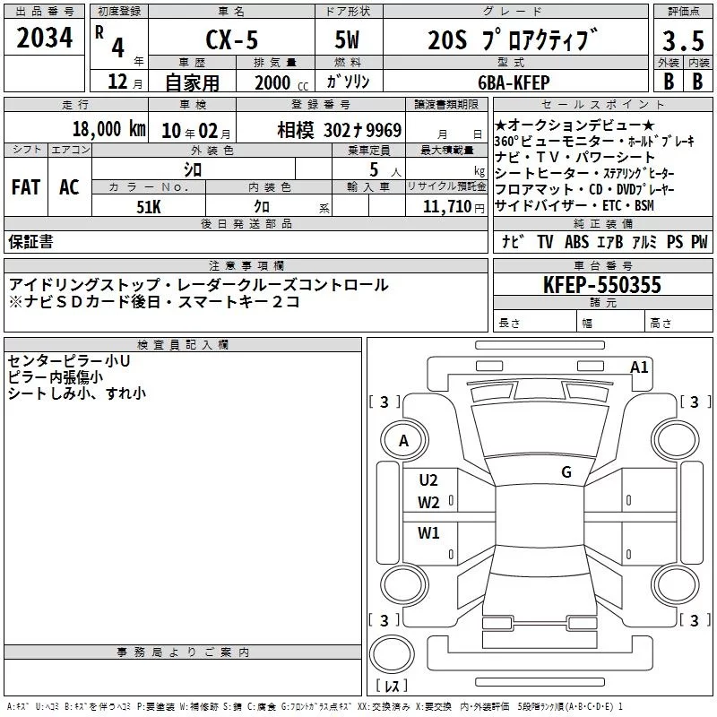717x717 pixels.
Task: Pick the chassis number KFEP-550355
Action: pos(602,285)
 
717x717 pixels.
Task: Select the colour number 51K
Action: pos(148,206)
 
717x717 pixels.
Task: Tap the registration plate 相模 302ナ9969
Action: pos(339,129)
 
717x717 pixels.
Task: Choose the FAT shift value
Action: pos(25,187)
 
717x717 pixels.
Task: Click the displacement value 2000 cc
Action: pos(272,82)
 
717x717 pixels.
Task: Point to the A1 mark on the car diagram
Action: pos(639,367)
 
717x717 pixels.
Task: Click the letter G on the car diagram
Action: pos(566,472)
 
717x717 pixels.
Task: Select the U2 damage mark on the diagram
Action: pos(428,479)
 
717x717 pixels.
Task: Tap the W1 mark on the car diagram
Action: pos(428,533)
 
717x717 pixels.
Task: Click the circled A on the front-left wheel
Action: pos(403,440)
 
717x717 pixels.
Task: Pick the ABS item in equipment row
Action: pos(576,242)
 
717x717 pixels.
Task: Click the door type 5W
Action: pos(350,39)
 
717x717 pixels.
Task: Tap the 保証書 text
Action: pos(30,242)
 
